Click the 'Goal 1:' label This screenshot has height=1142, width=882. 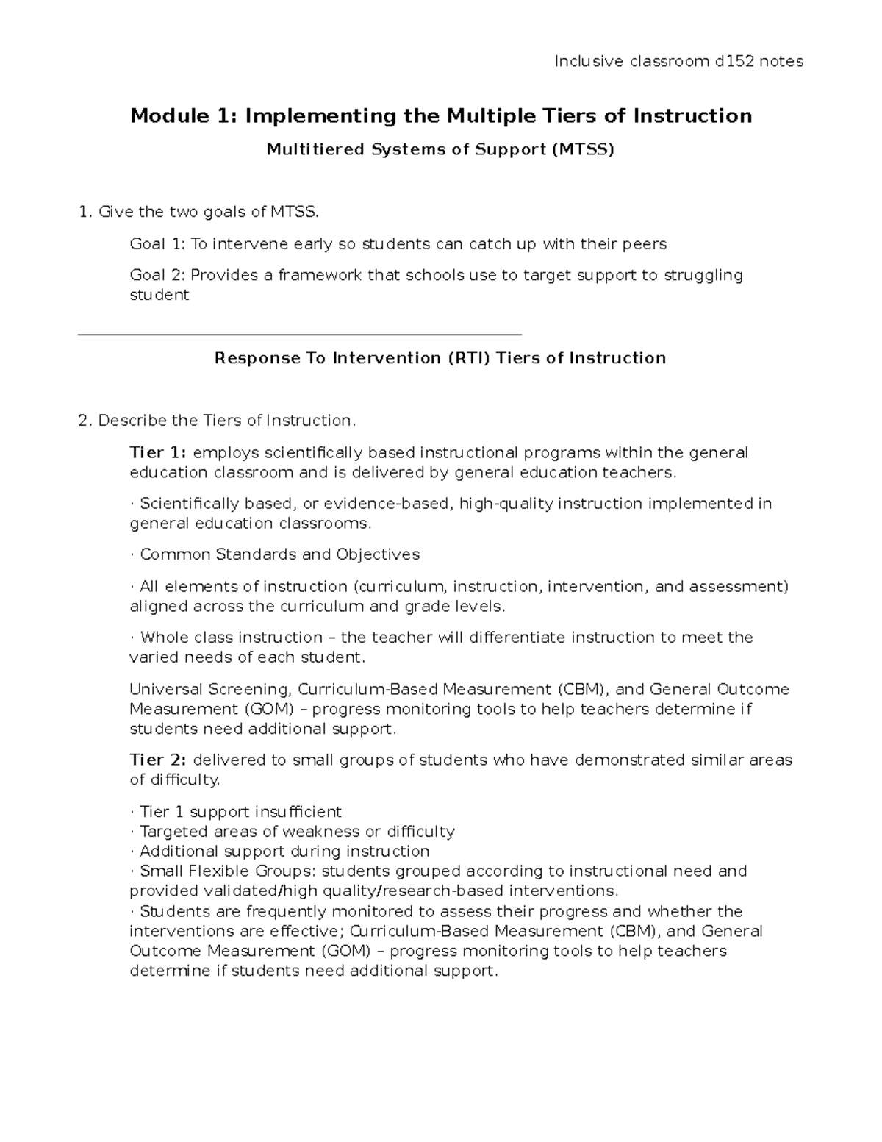[157, 244]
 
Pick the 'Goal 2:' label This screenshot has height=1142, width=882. [157, 276]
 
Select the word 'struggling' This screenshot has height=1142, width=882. [703, 276]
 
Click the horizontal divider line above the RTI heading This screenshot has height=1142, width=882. [299, 335]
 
